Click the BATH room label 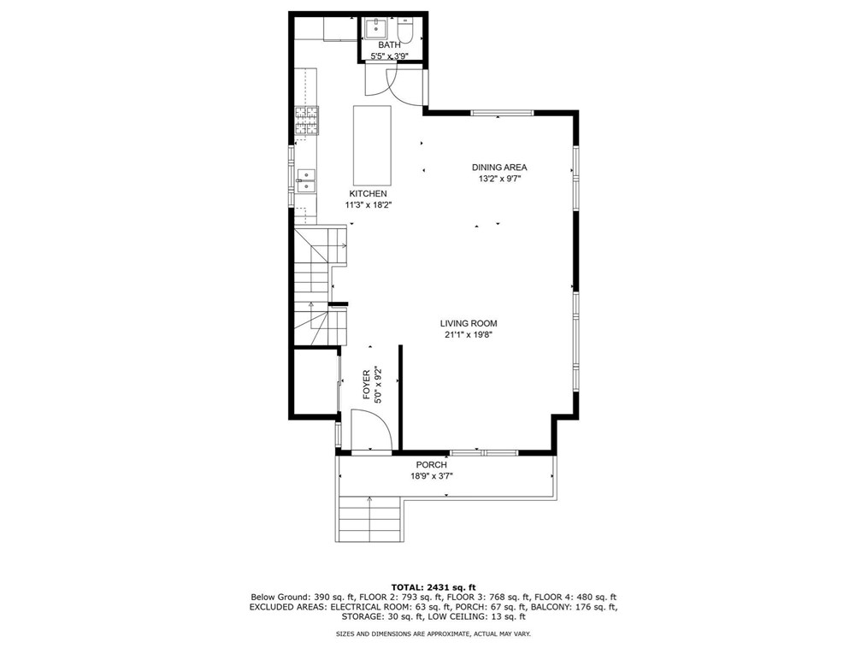(x=389, y=44)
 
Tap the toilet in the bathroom (x=406, y=31)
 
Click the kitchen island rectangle (x=372, y=145)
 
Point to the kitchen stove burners (x=306, y=121)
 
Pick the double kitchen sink (x=306, y=180)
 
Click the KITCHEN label (x=368, y=194)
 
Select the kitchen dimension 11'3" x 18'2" (x=369, y=205)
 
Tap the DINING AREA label (x=499, y=168)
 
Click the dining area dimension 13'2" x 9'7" (x=500, y=179)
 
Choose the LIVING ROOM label (x=469, y=323)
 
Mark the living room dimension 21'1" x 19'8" (x=469, y=334)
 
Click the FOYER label (x=366, y=385)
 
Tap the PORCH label (x=431, y=465)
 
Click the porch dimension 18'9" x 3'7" (x=432, y=476)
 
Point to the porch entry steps (x=369, y=518)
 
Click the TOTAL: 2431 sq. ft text (x=433, y=587)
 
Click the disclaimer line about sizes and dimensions (x=433, y=633)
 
